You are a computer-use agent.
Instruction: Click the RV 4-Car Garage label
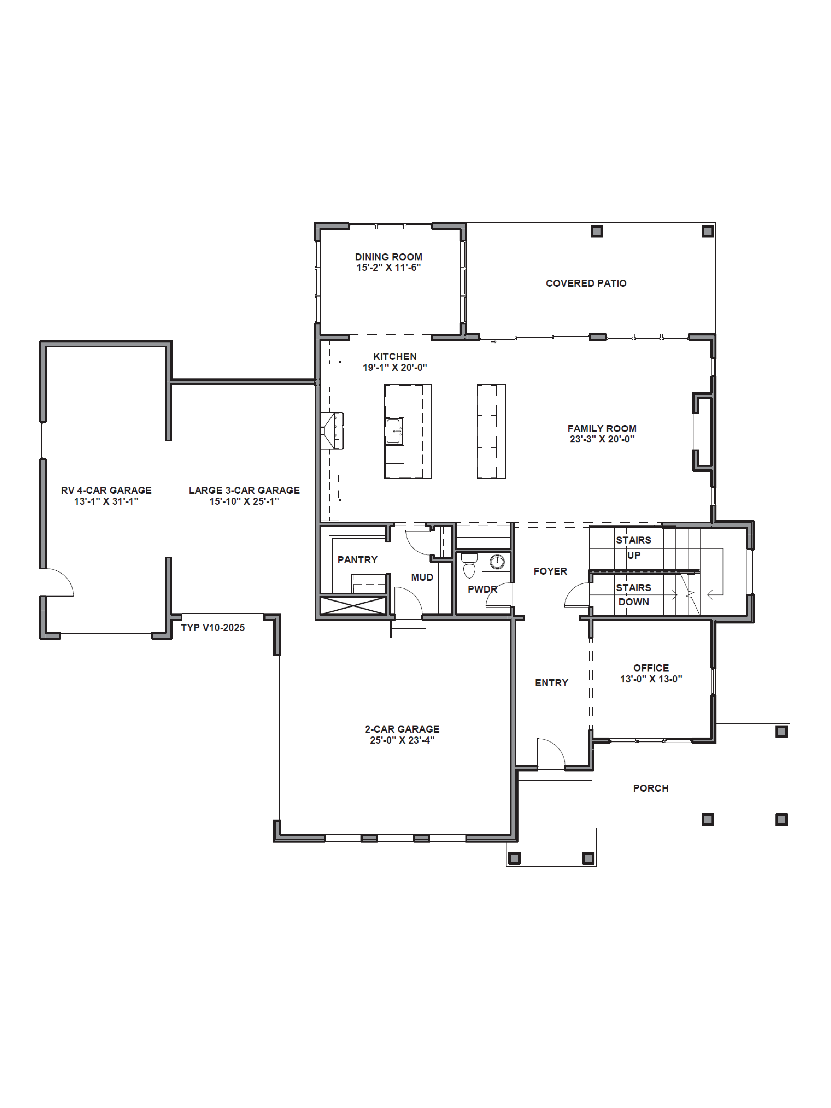[106, 490]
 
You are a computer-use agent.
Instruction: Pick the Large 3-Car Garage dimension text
[244, 501]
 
